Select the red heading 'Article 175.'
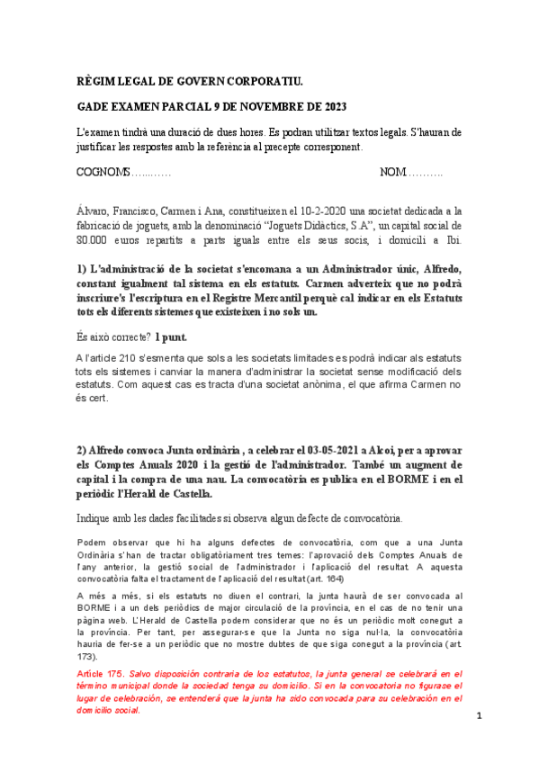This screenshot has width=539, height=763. click(102, 673)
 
